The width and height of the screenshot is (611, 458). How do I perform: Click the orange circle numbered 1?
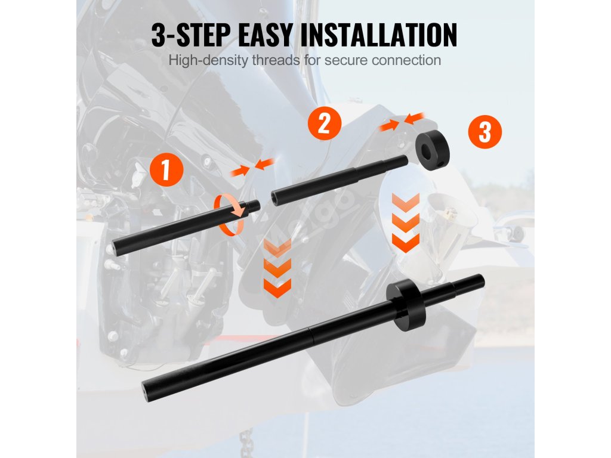click(166, 169)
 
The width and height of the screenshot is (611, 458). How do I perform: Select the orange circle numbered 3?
click(485, 132)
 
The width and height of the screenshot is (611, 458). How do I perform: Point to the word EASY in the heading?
click(264, 35)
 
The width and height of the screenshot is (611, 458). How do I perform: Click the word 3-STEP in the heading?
click(191, 35)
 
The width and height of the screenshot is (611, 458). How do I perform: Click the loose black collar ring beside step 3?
click(432, 150)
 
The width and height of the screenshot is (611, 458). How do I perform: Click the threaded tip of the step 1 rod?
click(252, 206)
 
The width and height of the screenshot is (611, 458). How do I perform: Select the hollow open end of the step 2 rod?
click(274, 198)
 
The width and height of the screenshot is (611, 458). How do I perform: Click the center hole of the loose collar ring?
click(425, 148)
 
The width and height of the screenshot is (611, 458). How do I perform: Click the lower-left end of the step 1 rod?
click(116, 248)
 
